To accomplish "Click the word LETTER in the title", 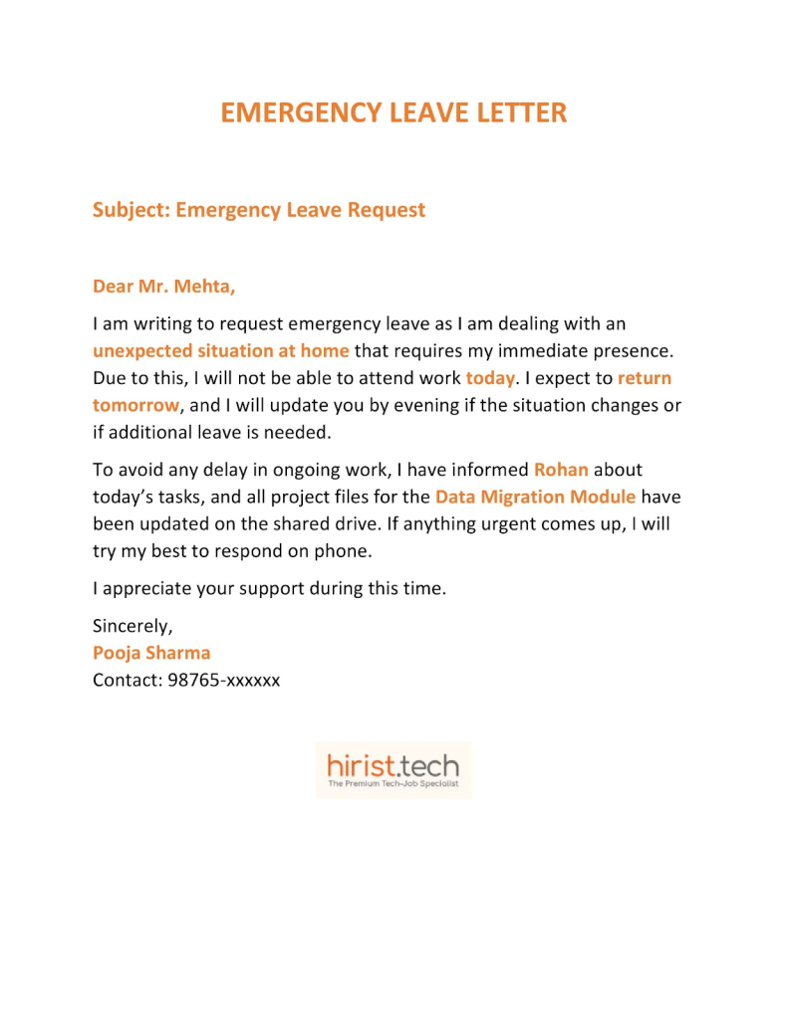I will click(x=518, y=112).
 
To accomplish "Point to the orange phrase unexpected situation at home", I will click(x=220, y=350).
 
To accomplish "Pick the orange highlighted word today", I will click(x=490, y=378).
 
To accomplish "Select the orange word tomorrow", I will click(x=135, y=405).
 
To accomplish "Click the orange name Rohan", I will click(x=561, y=469).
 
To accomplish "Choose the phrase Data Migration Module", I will click(x=535, y=496).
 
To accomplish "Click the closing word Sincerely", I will click(x=132, y=626).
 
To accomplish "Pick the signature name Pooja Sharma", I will click(x=151, y=653).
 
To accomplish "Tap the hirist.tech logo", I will click(x=394, y=766).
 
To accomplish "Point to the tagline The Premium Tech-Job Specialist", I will click(x=394, y=785).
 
